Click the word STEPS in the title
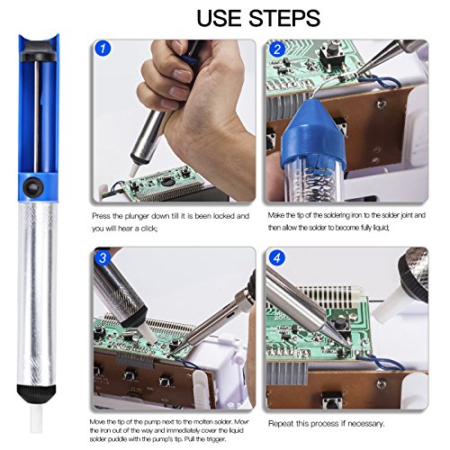[x=284, y=18]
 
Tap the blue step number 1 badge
[x=103, y=49]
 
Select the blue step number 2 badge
[x=277, y=49]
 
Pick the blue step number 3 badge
[x=103, y=257]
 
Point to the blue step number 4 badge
[x=277, y=258]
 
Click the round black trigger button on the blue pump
[x=32, y=187]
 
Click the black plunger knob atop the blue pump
[x=37, y=51]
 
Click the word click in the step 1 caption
[x=148, y=229]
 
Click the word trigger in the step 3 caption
[x=215, y=439]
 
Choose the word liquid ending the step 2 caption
[x=381, y=228]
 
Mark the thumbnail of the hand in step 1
[x=181, y=74]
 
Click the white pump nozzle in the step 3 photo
[x=148, y=333]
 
